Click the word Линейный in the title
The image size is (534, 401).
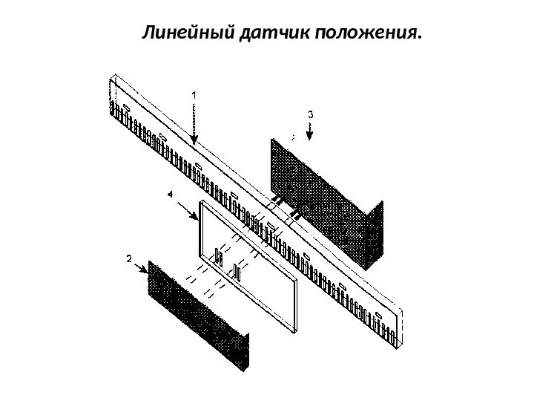pos(190,33)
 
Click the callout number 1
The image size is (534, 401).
pos(194,95)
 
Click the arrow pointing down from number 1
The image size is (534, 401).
pos(194,123)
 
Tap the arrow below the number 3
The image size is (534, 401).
pos(311,132)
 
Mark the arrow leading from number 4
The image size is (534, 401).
pos(185,210)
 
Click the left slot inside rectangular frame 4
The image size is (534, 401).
pos(219,257)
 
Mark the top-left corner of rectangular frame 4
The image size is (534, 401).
pos(200,202)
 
